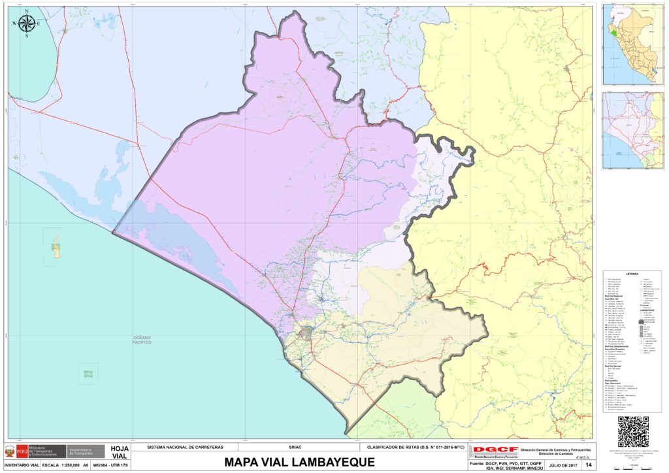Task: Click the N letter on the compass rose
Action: (x=27, y=12)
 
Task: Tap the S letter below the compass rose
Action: (x=27, y=37)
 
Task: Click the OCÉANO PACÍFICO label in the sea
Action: (x=137, y=340)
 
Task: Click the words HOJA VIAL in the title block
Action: (x=120, y=452)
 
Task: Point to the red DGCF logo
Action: (x=495, y=451)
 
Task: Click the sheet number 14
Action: (x=589, y=465)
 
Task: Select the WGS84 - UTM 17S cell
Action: (x=110, y=465)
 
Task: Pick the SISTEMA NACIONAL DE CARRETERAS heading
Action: (x=186, y=448)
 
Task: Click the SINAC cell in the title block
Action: (x=295, y=448)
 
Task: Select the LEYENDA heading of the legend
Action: (x=632, y=274)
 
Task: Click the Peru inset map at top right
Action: (x=632, y=44)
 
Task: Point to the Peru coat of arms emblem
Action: (x=10, y=451)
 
